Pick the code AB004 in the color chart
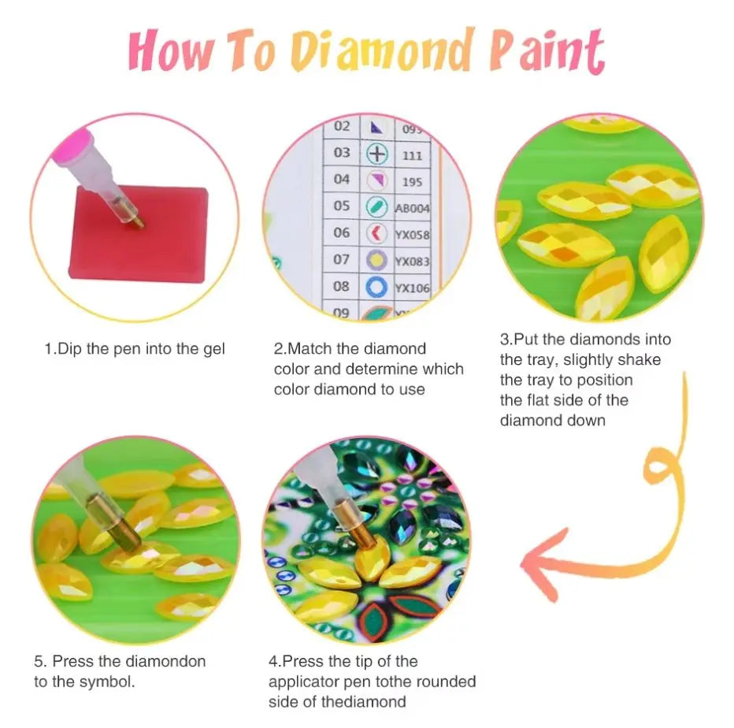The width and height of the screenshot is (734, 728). pyautogui.click(x=412, y=208)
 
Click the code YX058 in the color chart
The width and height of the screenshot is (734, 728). pyautogui.click(x=412, y=235)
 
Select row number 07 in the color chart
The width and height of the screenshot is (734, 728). pyautogui.click(x=341, y=258)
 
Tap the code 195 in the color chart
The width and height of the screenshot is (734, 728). pyautogui.click(x=412, y=181)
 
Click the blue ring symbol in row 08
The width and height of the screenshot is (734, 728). pyautogui.click(x=377, y=286)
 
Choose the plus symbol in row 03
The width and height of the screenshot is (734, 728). pyautogui.click(x=378, y=153)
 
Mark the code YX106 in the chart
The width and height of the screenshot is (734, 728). pyautogui.click(x=412, y=288)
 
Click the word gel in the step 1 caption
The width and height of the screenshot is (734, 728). pyautogui.click(x=213, y=348)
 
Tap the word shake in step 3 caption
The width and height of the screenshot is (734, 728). pyautogui.click(x=642, y=359)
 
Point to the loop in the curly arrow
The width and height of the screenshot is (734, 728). pyautogui.click(x=660, y=473)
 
